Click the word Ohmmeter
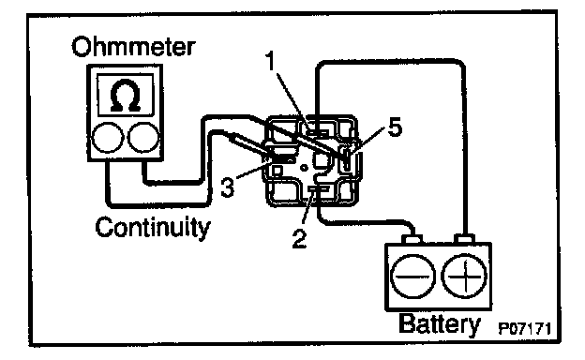133,47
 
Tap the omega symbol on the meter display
126,96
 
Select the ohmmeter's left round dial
108,138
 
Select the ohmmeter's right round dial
143,138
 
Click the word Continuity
153,227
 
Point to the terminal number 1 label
270,61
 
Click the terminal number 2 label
299,239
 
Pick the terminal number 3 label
228,187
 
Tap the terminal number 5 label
395,127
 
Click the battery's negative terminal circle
412,277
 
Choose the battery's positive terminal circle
464,277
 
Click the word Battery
440,324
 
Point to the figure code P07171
525,329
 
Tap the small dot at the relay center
305,168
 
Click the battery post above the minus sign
412,239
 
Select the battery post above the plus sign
464,239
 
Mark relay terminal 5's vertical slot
347,159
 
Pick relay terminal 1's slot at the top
317,131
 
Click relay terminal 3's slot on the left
282,159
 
